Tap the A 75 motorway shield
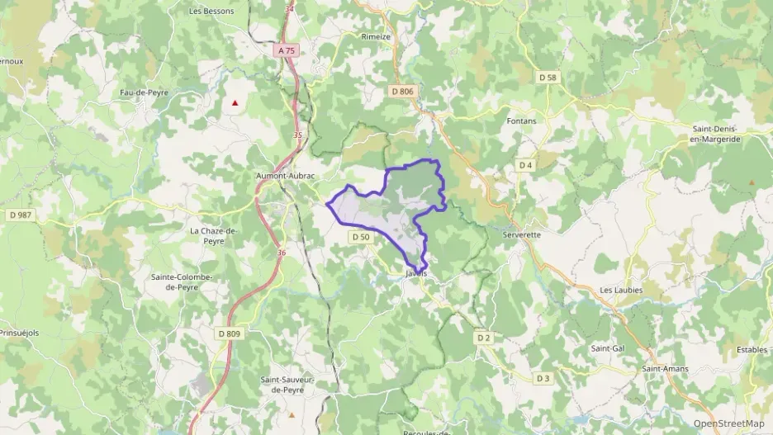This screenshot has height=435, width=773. coord(287,50)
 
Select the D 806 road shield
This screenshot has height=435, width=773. coord(401,91)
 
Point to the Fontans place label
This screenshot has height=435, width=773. coord(520,121)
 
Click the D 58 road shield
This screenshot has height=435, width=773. coord(548,77)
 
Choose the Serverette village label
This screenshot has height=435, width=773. coord(521,234)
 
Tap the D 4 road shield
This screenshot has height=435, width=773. coord(526,165)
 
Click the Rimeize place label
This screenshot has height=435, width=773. coord(376,37)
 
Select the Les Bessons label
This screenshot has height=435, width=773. coord(211,12)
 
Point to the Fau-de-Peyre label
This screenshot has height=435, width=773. coord(144,92)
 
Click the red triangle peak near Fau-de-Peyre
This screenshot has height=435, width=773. coord(235,103)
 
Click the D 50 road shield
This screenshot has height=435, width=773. coord(360,237)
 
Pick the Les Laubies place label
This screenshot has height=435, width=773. coord(620,291)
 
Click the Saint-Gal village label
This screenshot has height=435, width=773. coord(607,348)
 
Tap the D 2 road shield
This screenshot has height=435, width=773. coord(483,337)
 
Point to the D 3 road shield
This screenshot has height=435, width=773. coord(543,378)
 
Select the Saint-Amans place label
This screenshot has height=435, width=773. coord(666,368)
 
